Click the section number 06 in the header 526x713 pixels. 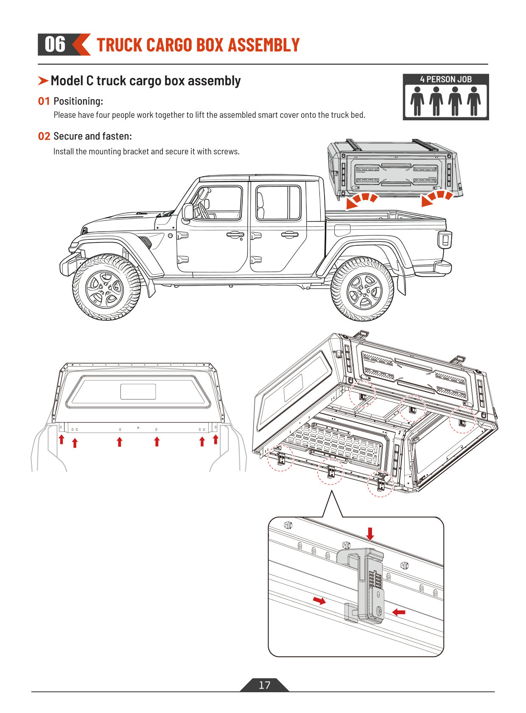[55, 44]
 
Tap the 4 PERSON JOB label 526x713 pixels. [445, 79]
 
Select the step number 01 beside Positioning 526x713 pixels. [44, 101]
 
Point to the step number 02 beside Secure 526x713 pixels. [44, 136]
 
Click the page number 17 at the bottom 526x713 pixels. [264, 685]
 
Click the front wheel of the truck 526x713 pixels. [106, 288]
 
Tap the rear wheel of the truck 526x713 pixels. [363, 291]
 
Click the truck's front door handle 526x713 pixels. [235, 234]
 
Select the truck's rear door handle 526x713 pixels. [289, 234]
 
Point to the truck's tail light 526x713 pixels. [445, 240]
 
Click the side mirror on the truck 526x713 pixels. [187, 212]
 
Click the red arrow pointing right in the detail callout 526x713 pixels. [319, 600]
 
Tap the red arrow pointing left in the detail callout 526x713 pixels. [399, 612]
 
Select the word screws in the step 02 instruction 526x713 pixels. [227, 152]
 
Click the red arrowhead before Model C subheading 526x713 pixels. [43, 80]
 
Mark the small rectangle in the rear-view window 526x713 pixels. [138, 391]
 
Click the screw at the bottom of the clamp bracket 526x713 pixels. [379, 611]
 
